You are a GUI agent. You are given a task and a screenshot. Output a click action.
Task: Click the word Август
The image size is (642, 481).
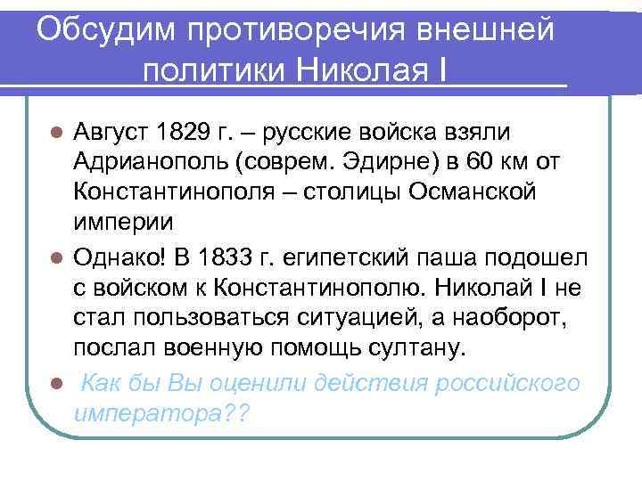click(x=112, y=134)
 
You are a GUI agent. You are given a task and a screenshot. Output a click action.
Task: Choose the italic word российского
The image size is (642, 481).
click(x=507, y=383)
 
